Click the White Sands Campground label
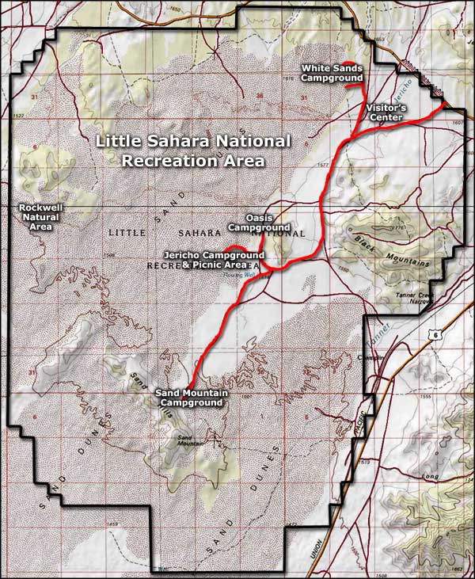pos(331,73)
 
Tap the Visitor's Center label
pos(385,112)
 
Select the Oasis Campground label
pos(259,223)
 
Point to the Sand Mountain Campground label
pos(188,398)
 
